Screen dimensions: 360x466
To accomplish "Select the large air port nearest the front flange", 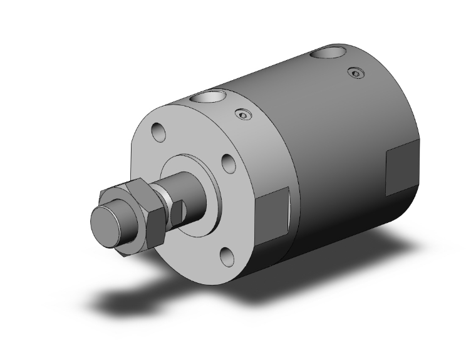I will [x=208, y=98].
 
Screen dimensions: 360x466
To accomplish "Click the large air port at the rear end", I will [x=329, y=53].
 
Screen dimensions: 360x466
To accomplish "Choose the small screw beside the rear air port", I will [x=356, y=73].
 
